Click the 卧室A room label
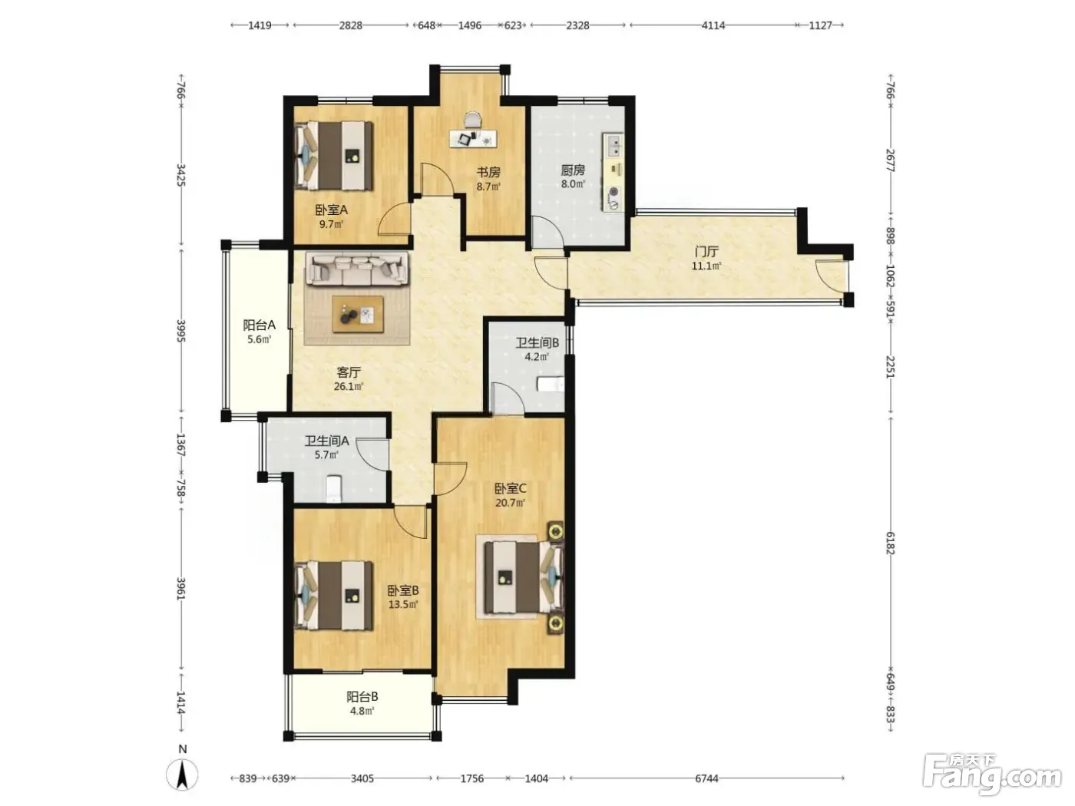(x=331, y=210)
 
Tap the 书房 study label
(x=488, y=172)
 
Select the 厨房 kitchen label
(x=573, y=170)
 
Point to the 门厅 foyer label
(x=706, y=252)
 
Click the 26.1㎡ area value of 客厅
(x=348, y=387)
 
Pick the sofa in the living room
(x=357, y=268)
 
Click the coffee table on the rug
(x=358, y=314)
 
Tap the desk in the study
(x=473, y=138)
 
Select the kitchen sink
(x=614, y=145)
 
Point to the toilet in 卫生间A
(x=333, y=489)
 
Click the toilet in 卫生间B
(x=551, y=385)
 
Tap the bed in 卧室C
(x=524, y=577)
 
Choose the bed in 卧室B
(x=334, y=595)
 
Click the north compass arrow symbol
(x=182, y=775)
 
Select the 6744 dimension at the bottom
(x=706, y=778)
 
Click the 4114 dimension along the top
(x=713, y=25)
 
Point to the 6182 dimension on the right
(x=890, y=543)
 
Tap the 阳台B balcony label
(x=362, y=696)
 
